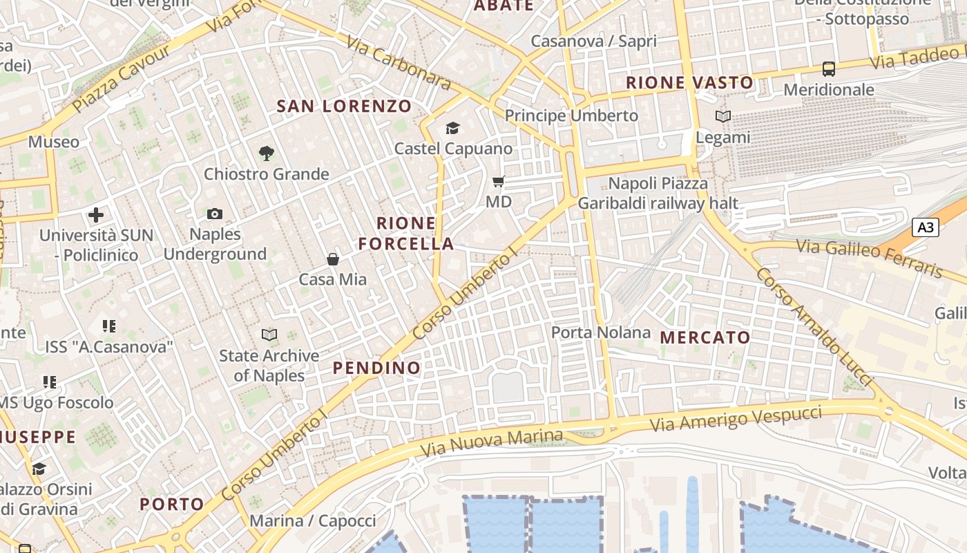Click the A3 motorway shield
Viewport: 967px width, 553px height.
[926, 227]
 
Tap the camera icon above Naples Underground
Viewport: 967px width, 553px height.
[215, 214]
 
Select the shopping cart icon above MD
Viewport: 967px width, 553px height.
[498, 182]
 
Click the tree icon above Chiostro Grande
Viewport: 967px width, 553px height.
[266, 153]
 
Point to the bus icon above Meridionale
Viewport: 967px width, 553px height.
[828, 69]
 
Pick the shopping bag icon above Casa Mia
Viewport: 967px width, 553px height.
[333, 259]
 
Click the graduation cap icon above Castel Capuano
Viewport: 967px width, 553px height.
[452, 128]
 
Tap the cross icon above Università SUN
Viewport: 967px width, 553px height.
[96, 215]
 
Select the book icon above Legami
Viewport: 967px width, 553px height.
[722, 117]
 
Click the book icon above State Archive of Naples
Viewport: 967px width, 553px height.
[269, 335]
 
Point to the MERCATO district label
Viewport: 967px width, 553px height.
[705, 338]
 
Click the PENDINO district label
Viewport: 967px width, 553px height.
[377, 368]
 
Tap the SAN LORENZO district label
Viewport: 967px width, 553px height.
[344, 106]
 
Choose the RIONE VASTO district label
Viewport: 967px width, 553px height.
[689, 83]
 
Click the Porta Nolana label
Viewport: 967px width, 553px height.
[601, 332]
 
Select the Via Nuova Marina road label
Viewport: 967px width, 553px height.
[492, 443]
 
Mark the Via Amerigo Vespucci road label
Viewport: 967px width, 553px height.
[736, 419]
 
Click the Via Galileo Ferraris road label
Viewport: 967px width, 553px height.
[869, 257]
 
